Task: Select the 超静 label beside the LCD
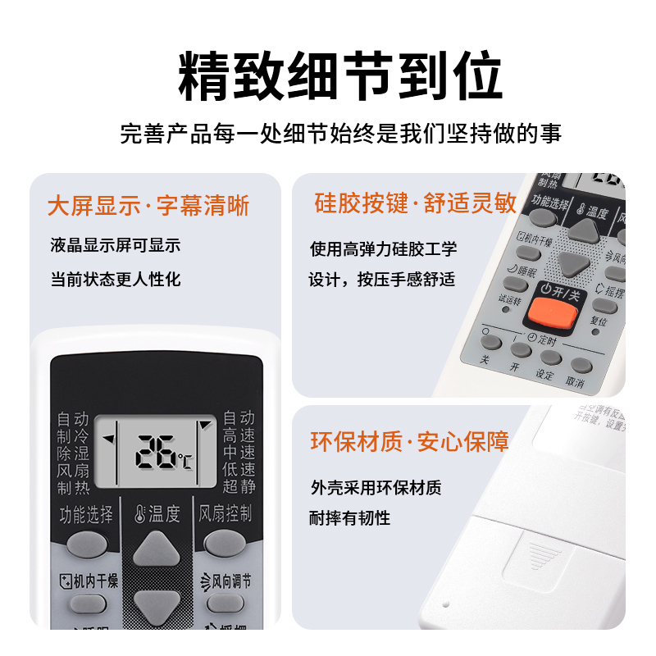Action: point(239,487)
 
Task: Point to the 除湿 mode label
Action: point(73,453)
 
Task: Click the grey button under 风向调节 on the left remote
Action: point(225,604)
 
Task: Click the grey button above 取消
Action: point(581,366)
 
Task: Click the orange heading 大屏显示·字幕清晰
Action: point(148,205)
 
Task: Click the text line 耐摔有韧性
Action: point(350,517)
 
